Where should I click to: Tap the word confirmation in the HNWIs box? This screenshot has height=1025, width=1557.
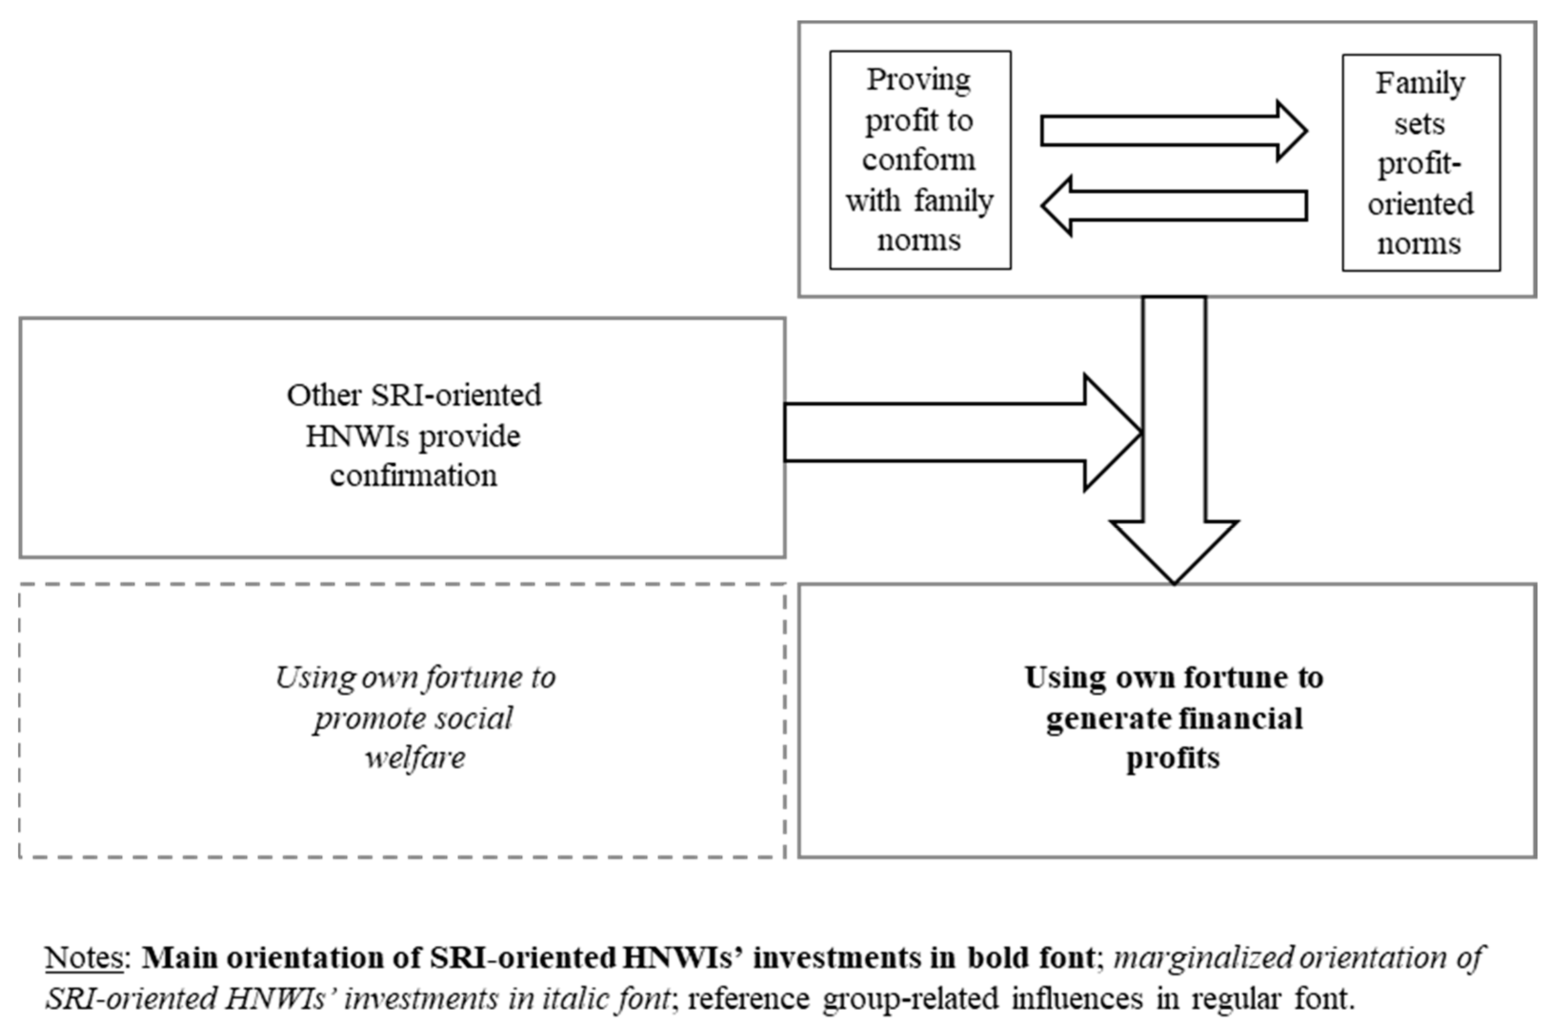413,476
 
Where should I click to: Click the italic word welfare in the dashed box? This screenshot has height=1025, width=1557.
415,758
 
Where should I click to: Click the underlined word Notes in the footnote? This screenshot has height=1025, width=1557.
84,957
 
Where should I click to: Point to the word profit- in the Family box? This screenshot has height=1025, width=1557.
1420,163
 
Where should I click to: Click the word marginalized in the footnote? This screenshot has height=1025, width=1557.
1204,957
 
